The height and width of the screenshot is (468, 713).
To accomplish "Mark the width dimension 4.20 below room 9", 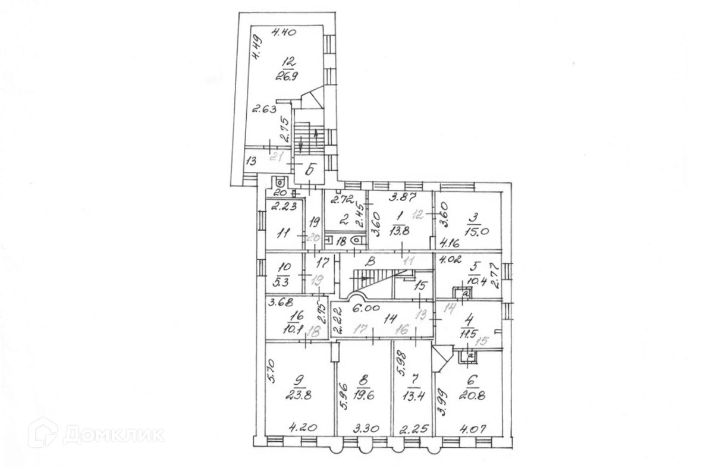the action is (x=300, y=426).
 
